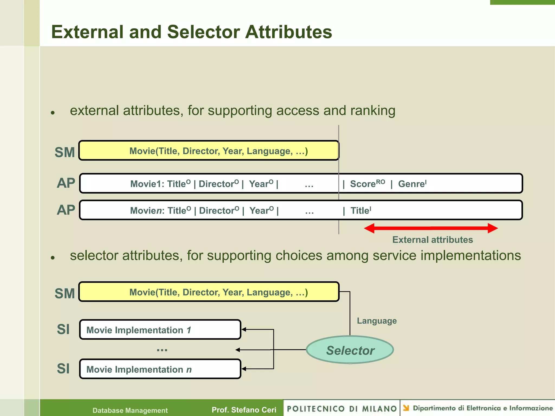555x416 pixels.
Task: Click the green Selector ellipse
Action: pyautogui.click(x=350, y=350)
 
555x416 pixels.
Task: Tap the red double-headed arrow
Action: pyautogui.click(x=431, y=228)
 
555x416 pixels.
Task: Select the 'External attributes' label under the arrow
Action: pyautogui.click(x=433, y=240)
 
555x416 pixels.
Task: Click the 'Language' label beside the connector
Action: pyautogui.click(x=377, y=321)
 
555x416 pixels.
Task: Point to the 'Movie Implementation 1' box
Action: pyautogui.click(x=160, y=330)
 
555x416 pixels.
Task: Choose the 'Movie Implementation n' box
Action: pyautogui.click(x=160, y=369)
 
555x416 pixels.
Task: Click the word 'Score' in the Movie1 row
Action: pyautogui.click(x=363, y=184)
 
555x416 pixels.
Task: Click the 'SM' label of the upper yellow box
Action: pyautogui.click(x=64, y=152)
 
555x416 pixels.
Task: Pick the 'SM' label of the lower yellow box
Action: pyautogui.click(x=64, y=293)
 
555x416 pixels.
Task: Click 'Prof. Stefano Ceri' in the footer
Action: pyautogui.click(x=244, y=410)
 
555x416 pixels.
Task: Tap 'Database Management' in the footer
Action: pyautogui.click(x=130, y=410)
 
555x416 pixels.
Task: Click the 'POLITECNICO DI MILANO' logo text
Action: pyautogui.click(x=342, y=409)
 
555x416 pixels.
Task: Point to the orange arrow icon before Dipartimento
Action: pyautogui.click(x=406, y=408)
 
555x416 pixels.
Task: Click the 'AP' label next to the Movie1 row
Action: pyautogui.click(x=66, y=183)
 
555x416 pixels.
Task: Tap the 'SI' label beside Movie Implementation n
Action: pyautogui.click(x=63, y=369)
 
